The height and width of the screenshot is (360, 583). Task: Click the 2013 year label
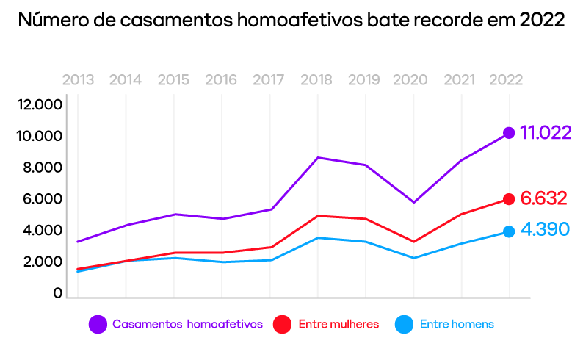click(78, 80)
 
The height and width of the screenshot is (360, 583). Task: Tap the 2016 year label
click(221, 80)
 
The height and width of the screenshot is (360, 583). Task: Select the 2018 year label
click(316, 80)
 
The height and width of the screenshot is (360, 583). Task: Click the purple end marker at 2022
click(508, 133)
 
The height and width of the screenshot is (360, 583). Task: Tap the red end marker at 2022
click(508, 199)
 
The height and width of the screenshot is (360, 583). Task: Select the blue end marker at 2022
click(508, 231)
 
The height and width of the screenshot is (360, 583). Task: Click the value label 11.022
click(546, 133)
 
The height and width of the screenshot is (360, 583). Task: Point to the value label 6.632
click(543, 198)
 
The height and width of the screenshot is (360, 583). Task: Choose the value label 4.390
click(545, 230)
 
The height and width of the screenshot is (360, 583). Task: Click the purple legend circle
click(98, 324)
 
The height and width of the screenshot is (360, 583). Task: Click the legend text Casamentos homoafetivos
click(187, 324)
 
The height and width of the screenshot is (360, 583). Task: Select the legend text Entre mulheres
click(338, 324)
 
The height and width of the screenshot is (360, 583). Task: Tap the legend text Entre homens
click(457, 324)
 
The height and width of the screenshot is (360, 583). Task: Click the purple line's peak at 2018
click(318, 157)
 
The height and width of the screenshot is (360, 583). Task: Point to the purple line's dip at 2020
click(413, 202)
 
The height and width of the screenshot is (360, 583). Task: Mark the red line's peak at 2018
click(318, 215)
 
